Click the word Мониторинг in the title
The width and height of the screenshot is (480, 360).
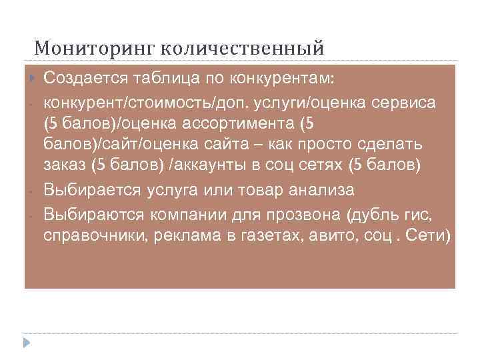pos(95,48)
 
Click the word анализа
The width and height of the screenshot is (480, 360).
pos(319,189)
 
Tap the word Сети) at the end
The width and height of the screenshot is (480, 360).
pos(429,236)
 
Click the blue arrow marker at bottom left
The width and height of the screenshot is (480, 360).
pos(27,343)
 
